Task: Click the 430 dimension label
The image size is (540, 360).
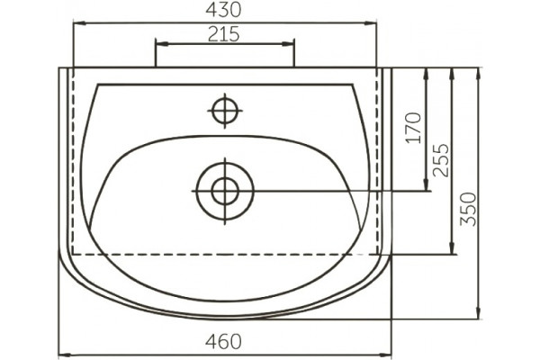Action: pos(223,10)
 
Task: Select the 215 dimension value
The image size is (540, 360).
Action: pos(223,34)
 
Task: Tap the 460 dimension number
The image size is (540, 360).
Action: pos(223,342)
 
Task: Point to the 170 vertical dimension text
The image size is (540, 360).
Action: pos(414,128)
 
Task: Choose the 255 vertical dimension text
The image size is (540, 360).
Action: pos(441,160)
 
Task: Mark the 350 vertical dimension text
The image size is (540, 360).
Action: pos(469,209)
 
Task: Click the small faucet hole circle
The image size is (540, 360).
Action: pos(225,111)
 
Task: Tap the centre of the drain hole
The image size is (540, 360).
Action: pos(225,191)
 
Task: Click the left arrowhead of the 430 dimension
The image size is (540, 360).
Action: pos(79,23)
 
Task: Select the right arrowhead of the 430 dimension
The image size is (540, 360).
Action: pos(371,23)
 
